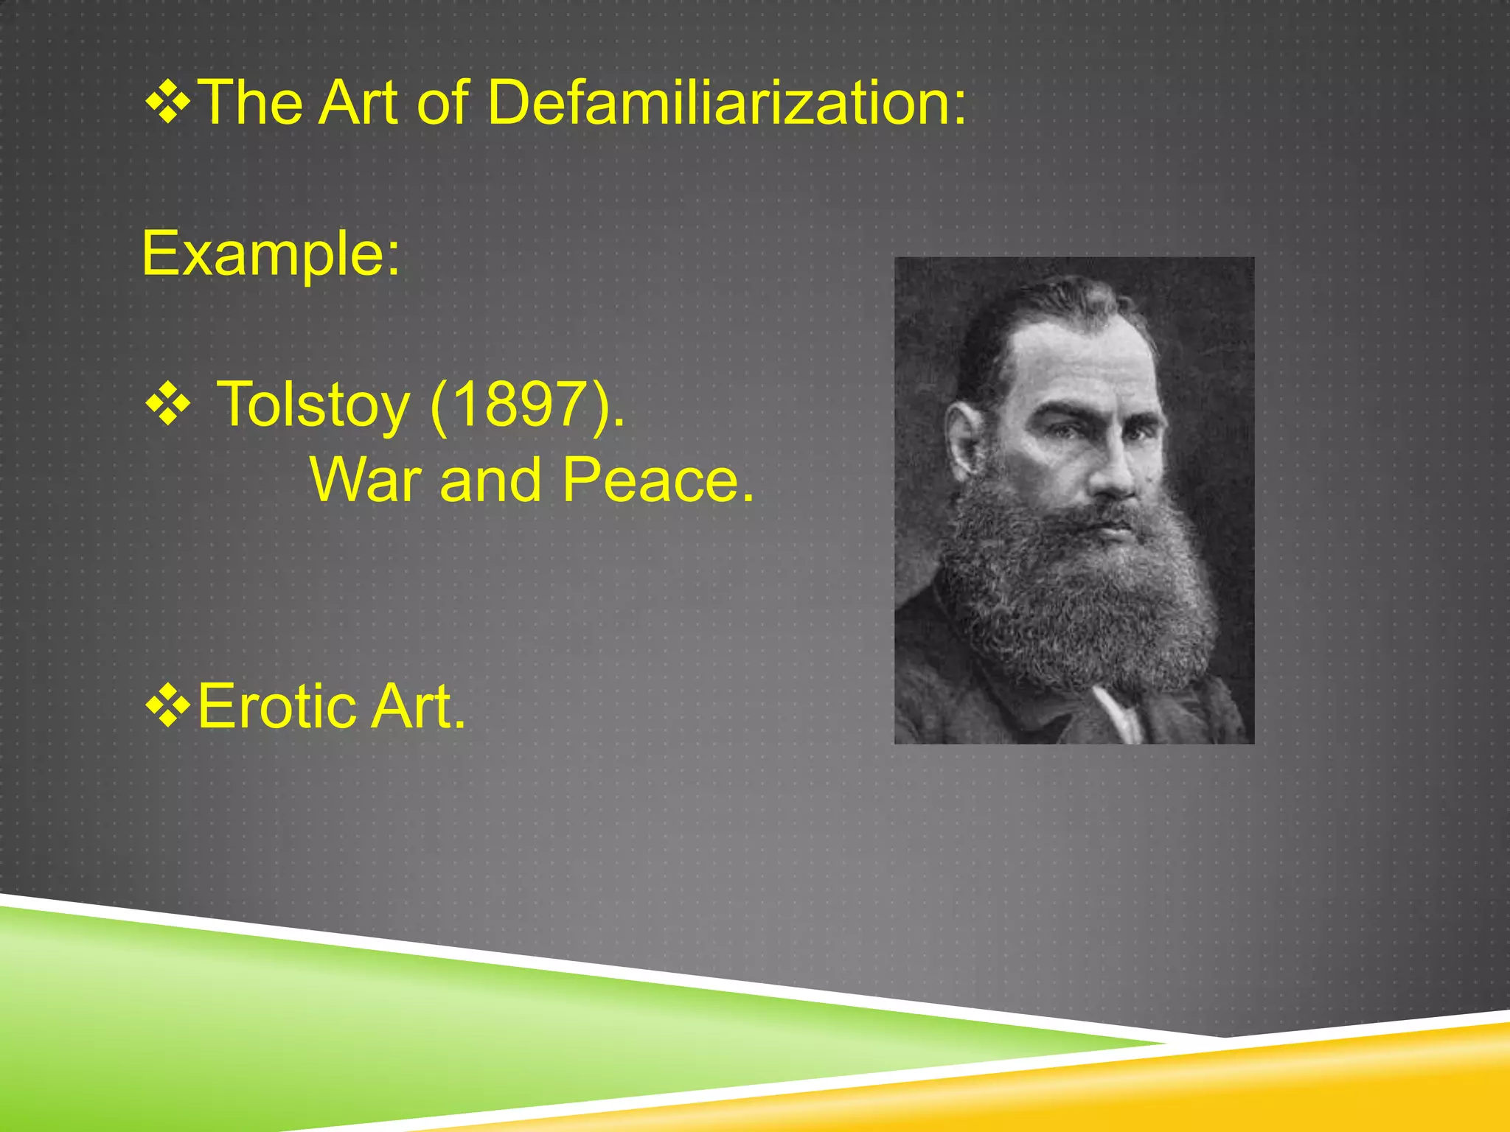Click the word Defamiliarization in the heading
click(726, 102)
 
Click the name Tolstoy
click(313, 405)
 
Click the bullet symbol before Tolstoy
click(169, 405)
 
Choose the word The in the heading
click(251, 102)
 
